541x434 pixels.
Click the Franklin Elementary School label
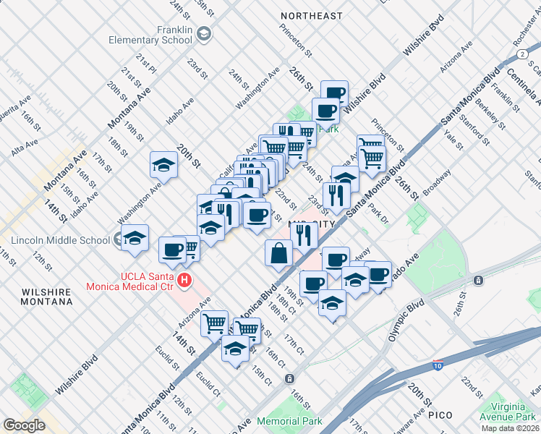(150, 35)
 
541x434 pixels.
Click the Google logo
(25, 425)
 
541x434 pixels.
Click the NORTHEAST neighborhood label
(311, 16)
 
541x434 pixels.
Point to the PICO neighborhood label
(440, 414)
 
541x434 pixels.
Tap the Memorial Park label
(289, 421)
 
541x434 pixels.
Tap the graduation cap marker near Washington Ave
(163, 165)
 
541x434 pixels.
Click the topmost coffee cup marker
(334, 93)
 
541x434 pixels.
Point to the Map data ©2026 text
(511, 428)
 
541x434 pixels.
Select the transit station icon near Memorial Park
(289, 378)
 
